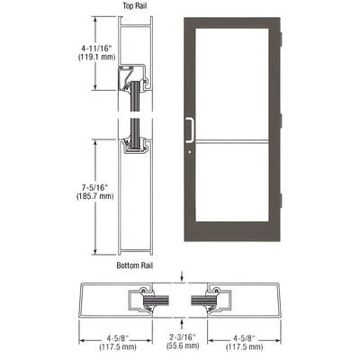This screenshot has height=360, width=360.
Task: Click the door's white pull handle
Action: pos(190,130)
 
